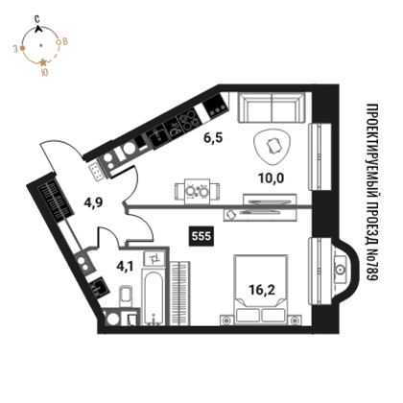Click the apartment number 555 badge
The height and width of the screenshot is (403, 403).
tap(201, 236)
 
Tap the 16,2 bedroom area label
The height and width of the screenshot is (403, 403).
tap(262, 290)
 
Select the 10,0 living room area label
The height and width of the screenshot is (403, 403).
tap(271, 178)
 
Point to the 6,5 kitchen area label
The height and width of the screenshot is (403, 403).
tap(213, 138)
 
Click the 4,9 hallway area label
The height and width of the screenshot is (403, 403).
tap(93, 202)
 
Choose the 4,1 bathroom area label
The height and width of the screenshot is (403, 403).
tap(125, 266)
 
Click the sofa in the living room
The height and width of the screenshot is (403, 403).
tap(272, 107)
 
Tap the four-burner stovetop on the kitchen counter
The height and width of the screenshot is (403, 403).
tap(190, 121)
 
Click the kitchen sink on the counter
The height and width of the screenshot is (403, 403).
tap(157, 137)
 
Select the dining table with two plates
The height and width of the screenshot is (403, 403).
tap(197, 192)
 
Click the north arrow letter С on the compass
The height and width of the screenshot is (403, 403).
tap(37, 19)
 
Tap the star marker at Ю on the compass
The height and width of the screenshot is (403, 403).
tap(42, 62)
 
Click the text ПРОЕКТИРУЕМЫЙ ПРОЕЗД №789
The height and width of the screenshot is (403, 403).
tap(372, 192)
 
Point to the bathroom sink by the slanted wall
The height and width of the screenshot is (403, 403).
tap(99, 287)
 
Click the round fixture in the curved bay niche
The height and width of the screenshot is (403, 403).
tap(340, 271)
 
